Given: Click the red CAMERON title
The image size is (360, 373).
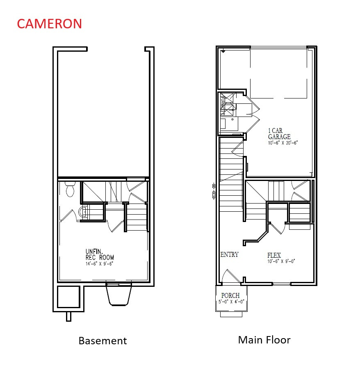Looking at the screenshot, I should click(x=49, y=23).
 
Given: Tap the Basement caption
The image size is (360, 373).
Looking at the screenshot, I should click(x=103, y=341).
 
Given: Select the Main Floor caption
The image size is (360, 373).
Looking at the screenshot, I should click(x=264, y=340).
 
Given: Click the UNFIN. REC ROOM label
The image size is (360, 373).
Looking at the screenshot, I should click(x=100, y=254).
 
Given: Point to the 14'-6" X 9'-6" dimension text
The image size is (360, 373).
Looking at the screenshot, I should click(x=99, y=263).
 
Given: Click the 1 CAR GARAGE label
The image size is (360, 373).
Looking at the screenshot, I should click(x=279, y=134).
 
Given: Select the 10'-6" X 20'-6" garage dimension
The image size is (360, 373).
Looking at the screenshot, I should click(x=283, y=143).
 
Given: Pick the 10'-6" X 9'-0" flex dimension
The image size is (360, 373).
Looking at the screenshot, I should click(x=281, y=261).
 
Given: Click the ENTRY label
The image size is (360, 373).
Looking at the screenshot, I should click(x=229, y=254).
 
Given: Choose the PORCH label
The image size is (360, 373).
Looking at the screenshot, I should click(x=230, y=295).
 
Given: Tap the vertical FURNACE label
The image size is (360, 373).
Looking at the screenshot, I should click(x=223, y=103).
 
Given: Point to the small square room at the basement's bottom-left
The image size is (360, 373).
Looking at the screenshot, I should click(x=68, y=297).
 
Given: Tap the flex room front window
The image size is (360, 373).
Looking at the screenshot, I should click(x=282, y=284).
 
